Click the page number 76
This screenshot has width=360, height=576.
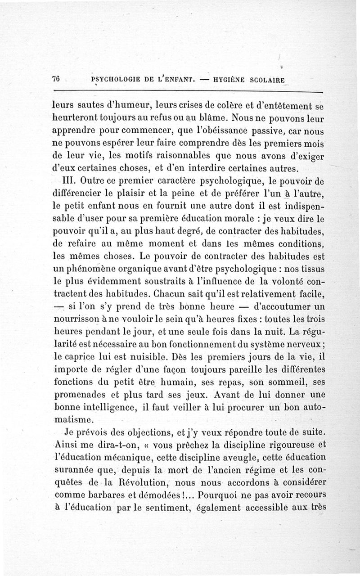coord(56,78)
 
